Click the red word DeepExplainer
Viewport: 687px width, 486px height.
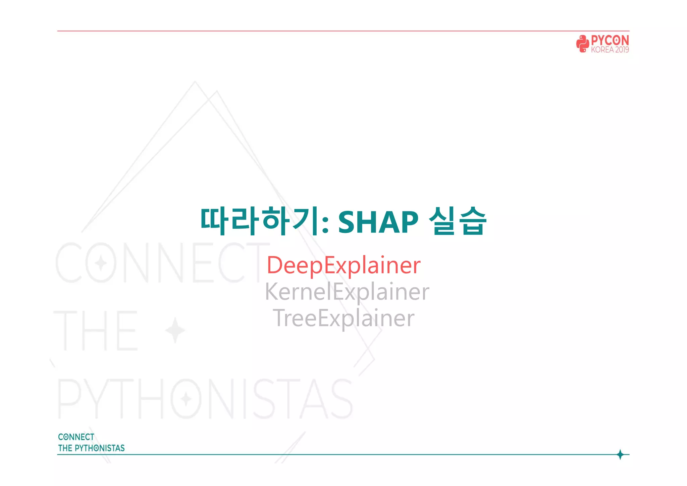(x=343, y=265)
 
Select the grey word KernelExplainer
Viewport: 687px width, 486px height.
(x=347, y=292)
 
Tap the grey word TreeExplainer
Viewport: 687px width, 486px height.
(x=343, y=318)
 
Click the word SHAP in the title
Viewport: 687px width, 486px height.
(x=378, y=222)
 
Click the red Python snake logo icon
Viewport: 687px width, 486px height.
(x=583, y=44)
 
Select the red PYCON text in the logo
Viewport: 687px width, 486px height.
(x=610, y=41)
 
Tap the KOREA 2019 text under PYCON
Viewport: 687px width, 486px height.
(x=610, y=50)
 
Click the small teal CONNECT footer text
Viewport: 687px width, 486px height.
(x=76, y=437)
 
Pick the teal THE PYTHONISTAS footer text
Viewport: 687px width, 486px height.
(x=91, y=448)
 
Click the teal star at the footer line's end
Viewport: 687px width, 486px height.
(x=620, y=454)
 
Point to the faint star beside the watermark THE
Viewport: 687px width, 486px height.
(x=175, y=330)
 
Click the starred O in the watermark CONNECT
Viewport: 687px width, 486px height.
(x=101, y=263)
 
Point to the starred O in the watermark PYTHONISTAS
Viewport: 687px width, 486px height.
(x=186, y=399)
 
